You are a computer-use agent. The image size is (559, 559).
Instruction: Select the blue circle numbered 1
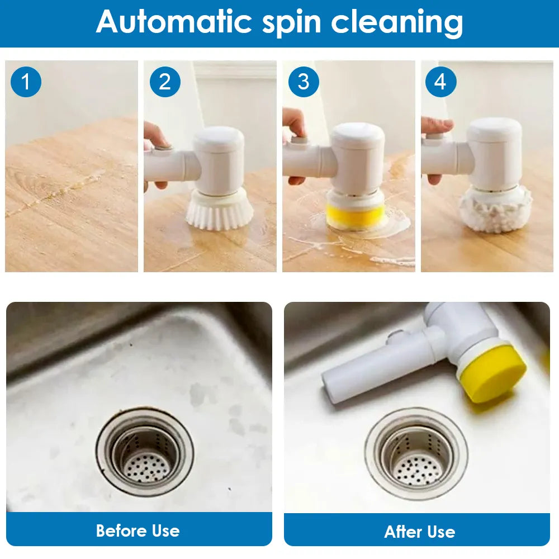pyautogui.click(x=26, y=82)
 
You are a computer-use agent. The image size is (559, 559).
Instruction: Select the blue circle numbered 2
pyautogui.click(x=165, y=82)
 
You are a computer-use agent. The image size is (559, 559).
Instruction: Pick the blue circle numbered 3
pyautogui.click(x=303, y=82)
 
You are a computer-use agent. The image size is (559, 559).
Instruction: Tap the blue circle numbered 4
pyautogui.click(x=440, y=82)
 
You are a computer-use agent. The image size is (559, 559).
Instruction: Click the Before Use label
pyautogui.click(x=138, y=530)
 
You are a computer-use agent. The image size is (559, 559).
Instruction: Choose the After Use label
pyautogui.click(x=419, y=531)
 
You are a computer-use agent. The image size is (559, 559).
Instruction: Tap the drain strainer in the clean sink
pyautogui.click(x=416, y=454)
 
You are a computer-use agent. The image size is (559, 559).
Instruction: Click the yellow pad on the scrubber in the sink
pyautogui.click(x=492, y=372)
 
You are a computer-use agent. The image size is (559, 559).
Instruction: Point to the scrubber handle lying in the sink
pyautogui.click(x=375, y=369)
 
